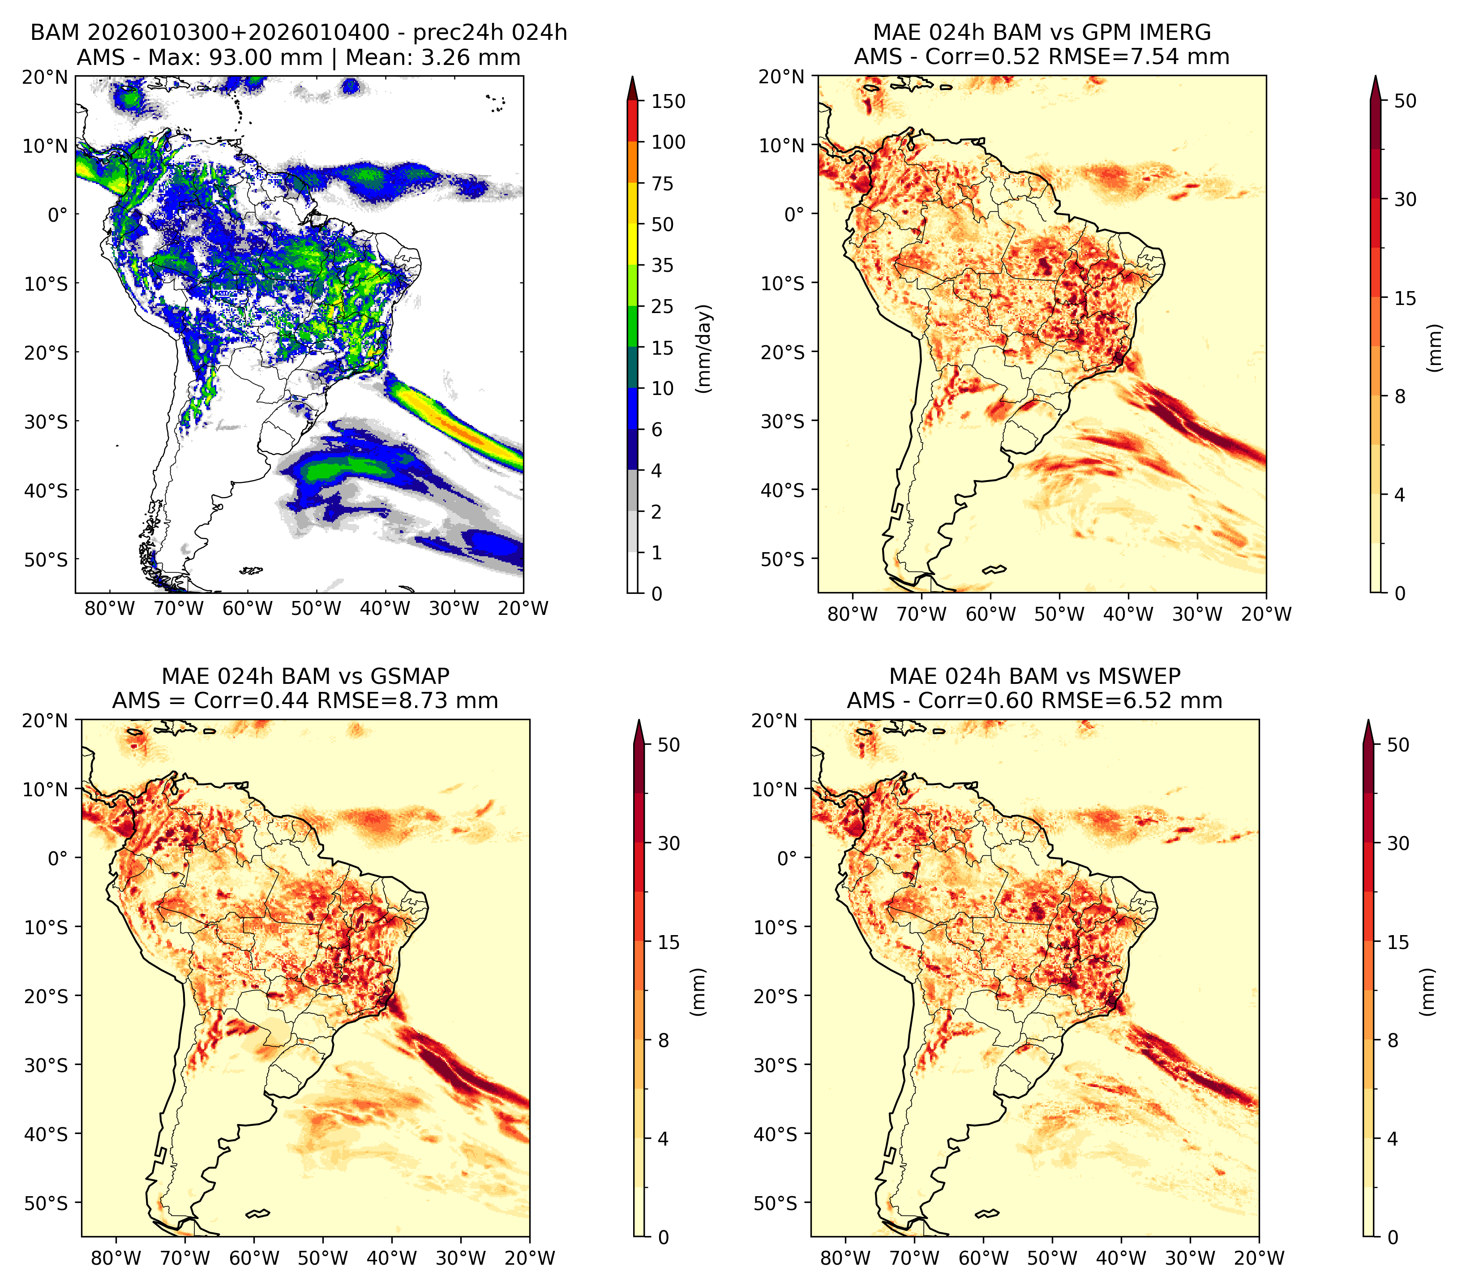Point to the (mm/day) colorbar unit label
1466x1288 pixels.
pyautogui.click(x=705, y=348)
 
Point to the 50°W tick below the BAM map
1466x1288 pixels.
pyautogui.click(x=316, y=608)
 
